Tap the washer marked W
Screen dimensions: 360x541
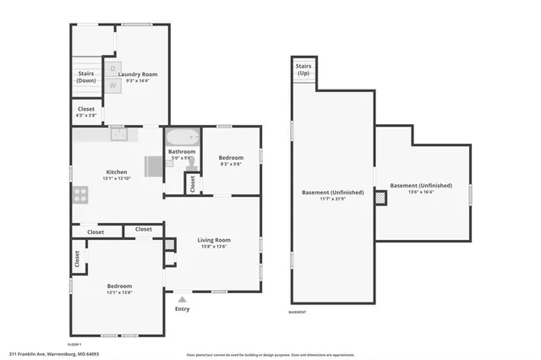click(x=112, y=85)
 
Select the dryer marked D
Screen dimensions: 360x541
click(x=112, y=68)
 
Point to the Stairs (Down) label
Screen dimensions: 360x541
click(x=86, y=77)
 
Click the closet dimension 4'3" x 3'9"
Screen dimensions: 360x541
click(x=86, y=115)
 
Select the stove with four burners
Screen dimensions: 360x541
click(x=81, y=195)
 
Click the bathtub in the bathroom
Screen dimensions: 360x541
click(x=182, y=137)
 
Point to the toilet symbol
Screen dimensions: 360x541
click(x=192, y=166)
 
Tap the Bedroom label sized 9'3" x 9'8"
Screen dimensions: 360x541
click(x=231, y=158)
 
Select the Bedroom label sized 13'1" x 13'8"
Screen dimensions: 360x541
click(x=118, y=286)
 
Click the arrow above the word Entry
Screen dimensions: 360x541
click(x=182, y=298)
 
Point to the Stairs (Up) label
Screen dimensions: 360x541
click(x=303, y=68)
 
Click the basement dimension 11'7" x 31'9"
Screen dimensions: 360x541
click(x=333, y=199)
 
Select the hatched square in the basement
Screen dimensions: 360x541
click(x=380, y=197)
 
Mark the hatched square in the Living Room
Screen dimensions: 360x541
click(x=171, y=244)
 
